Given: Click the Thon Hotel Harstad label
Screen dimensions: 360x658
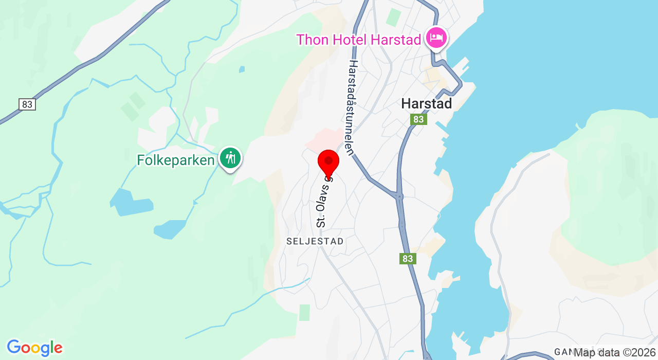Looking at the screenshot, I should point(359,39).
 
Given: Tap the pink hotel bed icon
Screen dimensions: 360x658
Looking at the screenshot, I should point(436,38).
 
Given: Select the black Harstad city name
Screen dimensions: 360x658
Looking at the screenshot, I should point(426,103).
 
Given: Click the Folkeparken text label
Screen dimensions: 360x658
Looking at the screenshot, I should point(175,160).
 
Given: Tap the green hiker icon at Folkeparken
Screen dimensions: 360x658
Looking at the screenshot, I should point(230,158).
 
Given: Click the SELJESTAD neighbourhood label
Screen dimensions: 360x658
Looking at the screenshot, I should point(315,241).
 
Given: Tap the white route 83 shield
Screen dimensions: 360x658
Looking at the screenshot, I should point(27,104).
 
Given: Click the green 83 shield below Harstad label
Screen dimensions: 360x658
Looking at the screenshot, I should point(419,119).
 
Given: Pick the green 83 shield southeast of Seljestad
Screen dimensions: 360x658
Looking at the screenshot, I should point(408,259).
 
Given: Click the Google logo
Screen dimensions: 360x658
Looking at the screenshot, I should point(34,348).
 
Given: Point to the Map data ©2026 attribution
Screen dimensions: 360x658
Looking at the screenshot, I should point(614,352).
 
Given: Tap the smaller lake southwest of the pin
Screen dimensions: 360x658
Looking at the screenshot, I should point(170,229).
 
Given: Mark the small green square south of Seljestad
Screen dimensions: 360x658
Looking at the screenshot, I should point(305,312).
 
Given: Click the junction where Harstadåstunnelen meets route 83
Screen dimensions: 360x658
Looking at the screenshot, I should point(399,195).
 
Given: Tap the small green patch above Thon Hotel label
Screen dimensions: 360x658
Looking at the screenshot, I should point(394,17).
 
